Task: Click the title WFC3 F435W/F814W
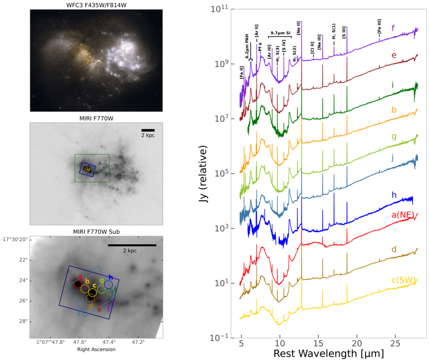(x=96, y=5)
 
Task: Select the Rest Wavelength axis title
(x=328, y=354)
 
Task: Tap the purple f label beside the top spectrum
(x=392, y=29)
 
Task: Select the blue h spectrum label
(x=393, y=195)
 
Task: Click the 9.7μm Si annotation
(x=279, y=33)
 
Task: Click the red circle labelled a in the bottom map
(x=78, y=284)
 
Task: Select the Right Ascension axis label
(x=96, y=349)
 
